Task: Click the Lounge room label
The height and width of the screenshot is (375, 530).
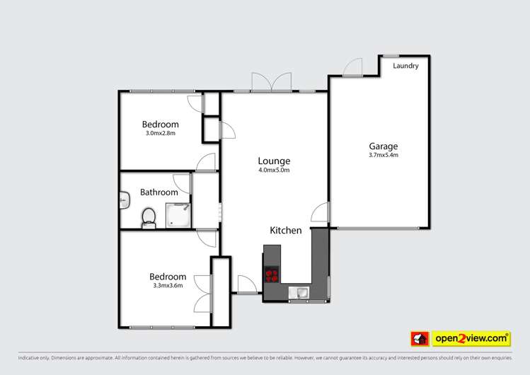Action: point(274,161)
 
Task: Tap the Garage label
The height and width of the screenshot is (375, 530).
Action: point(383,146)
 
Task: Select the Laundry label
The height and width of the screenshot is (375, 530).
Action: point(405,66)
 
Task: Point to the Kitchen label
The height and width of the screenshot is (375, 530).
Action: point(286,230)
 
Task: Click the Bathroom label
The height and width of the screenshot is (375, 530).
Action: point(159,192)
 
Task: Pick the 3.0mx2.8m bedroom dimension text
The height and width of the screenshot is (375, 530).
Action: point(160,133)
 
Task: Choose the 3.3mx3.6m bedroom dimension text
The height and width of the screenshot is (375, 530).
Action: point(168,286)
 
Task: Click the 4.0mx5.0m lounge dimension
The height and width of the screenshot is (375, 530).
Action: point(274,170)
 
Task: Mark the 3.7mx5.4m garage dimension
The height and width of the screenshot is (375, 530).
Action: point(383,156)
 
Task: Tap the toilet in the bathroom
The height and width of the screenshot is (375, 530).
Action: point(149,217)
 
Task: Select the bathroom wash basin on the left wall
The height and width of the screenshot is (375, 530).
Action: point(124,202)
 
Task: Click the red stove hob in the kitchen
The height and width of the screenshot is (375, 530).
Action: point(272,275)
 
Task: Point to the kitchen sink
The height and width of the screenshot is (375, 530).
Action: point(302,292)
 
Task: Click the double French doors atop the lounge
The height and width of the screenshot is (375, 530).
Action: point(272,81)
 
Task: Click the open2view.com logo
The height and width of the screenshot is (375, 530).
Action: point(472,339)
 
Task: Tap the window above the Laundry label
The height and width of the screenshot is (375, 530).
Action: point(391,55)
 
